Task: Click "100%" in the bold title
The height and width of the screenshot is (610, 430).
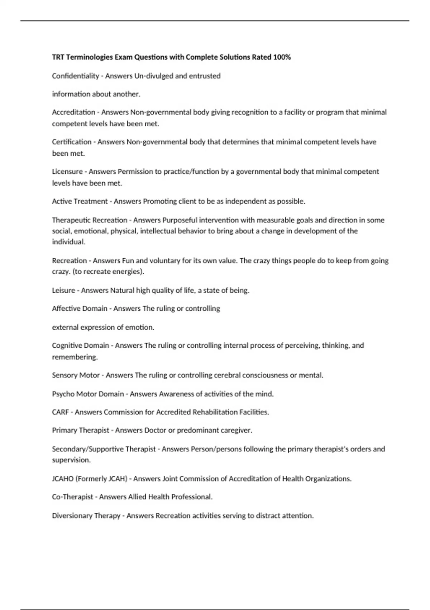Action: tap(282, 57)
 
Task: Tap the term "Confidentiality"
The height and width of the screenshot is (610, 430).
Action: tap(75, 76)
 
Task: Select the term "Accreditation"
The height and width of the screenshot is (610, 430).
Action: tap(73, 112)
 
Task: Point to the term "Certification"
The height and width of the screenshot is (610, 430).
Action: tap(72, 142)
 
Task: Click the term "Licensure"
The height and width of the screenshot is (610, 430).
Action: tap(67, 172)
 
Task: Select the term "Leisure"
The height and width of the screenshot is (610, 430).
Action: tap(63, 290)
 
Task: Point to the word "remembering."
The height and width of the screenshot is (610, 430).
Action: tap(75, 357)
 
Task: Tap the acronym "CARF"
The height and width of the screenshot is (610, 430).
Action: tap(60, 412)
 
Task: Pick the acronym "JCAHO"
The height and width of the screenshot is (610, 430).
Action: tap(63, 479)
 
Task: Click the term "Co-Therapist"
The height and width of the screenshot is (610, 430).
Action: tap(72, 497)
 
